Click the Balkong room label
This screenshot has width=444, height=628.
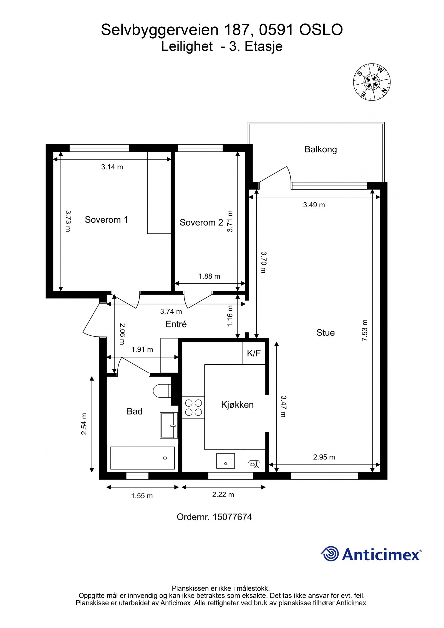pos(321,149)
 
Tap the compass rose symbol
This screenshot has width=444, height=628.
pos(372,82)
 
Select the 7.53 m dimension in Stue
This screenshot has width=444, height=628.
pos(364,330)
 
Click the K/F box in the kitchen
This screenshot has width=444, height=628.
pos(254,353)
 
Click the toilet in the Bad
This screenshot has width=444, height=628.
pos(162,391)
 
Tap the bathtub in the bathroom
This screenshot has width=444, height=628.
pos(142,458)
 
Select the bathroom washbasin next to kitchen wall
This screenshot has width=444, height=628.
pos(168,425)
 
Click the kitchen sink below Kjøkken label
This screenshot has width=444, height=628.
pos(225,461)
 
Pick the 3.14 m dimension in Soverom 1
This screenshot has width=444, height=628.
pos(112,167)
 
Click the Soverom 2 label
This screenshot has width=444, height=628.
pos(201,222)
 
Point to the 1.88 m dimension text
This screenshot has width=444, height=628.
pos(209,276)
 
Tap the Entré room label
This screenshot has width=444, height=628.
pos(176,324)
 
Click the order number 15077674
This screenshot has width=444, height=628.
pos(232,517)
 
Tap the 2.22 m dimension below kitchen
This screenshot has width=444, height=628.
pos(223,495)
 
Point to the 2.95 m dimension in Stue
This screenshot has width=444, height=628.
pos(324,457)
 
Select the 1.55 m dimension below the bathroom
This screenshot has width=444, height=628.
pos(142,496)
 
